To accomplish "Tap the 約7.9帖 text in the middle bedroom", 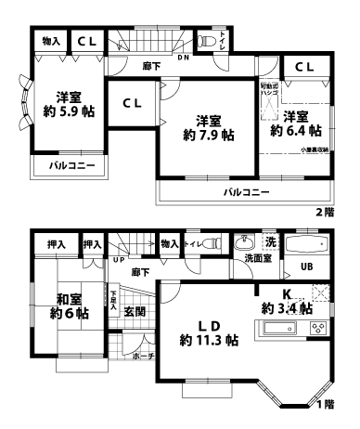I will pyautogui.click(x=207, y=135).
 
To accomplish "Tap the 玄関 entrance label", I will pyautogui.click(x=134, y=311).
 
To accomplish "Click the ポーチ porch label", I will pyautogui.click(x=143, y=356).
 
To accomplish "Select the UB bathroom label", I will pyautogui.click(x=305, y=269).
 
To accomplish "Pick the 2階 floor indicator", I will pyautogui.click(x=324, y=213).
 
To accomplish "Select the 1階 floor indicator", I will pyautogui.click(x=324, y=405).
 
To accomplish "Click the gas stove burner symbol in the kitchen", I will pyautogui.click(x=318, y=329).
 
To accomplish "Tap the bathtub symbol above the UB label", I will pyautogui.click(x=305, y=247).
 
